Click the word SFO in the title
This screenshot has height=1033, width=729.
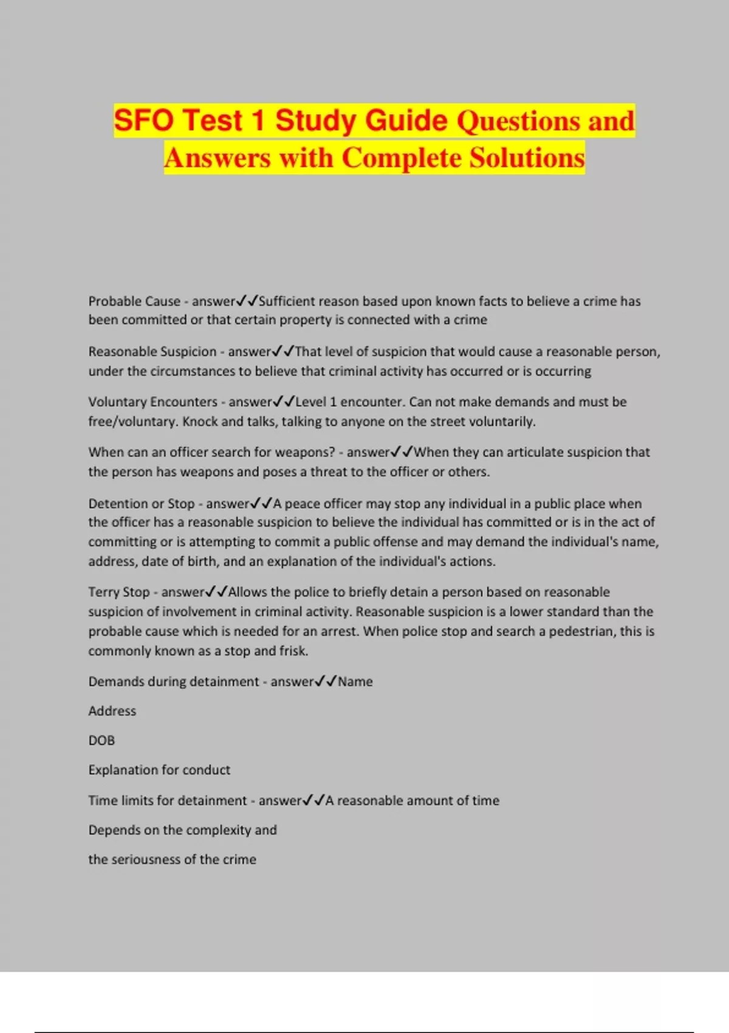coord(144,120)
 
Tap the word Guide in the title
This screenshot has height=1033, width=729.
coord(407,120)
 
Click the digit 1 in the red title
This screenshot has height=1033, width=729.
coord(259,120)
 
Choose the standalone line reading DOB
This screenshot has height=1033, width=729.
coord(101,741)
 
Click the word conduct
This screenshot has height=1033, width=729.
coord(207,770)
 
